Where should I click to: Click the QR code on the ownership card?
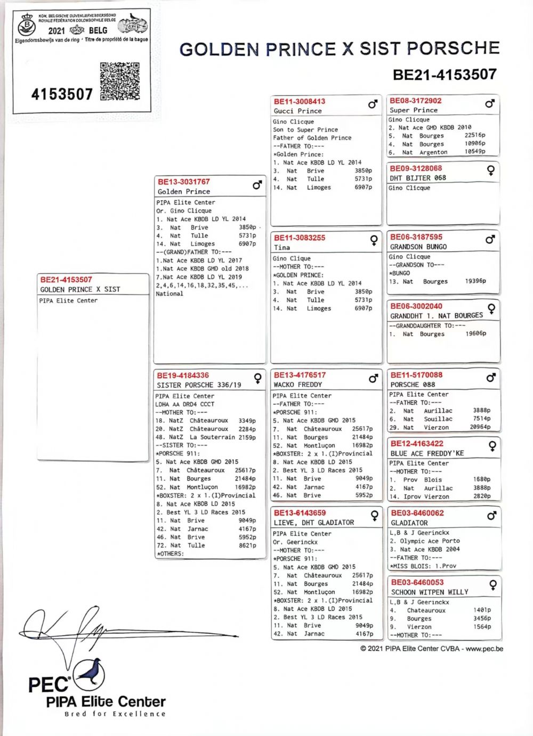point(119,81)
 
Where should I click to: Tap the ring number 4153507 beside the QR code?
point(62,94)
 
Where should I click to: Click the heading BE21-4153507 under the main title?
point(445,75)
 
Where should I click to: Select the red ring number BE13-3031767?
point(184,182)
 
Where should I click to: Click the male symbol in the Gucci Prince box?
point(373,104)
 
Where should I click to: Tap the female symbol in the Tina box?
point(374,240)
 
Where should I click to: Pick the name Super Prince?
point(414,110)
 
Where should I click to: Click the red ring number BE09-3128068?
point(416,168)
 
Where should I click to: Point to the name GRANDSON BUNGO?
point(418,247)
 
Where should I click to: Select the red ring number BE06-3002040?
point(416,306)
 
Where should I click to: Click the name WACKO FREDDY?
point(298,385)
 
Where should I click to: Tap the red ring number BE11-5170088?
point(416,375)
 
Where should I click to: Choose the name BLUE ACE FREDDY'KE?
point(427,453)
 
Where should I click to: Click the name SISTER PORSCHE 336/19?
point(199,385)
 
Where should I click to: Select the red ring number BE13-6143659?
point(300,513)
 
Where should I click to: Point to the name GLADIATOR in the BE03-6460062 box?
point(409,523)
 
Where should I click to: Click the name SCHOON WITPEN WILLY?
point(430,592)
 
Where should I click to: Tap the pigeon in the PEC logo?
point(90,671)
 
